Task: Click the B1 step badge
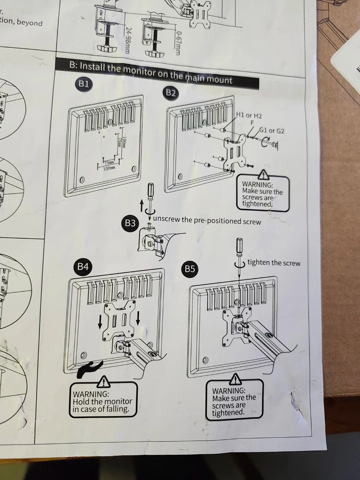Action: coord(83,84)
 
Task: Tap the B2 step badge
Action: coord(171,93)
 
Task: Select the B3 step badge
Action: coord(130,223)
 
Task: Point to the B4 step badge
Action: coord(83,266)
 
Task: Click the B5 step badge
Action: coord(190,269)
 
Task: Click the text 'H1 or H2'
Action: coord(249,116)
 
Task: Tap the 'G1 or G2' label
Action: coord(272,131)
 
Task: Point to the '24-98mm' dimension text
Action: coord(128,40)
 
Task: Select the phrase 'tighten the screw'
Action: coord(273,263)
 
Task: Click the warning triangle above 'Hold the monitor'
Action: coord(104,381)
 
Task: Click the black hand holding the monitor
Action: coord(88,369)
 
